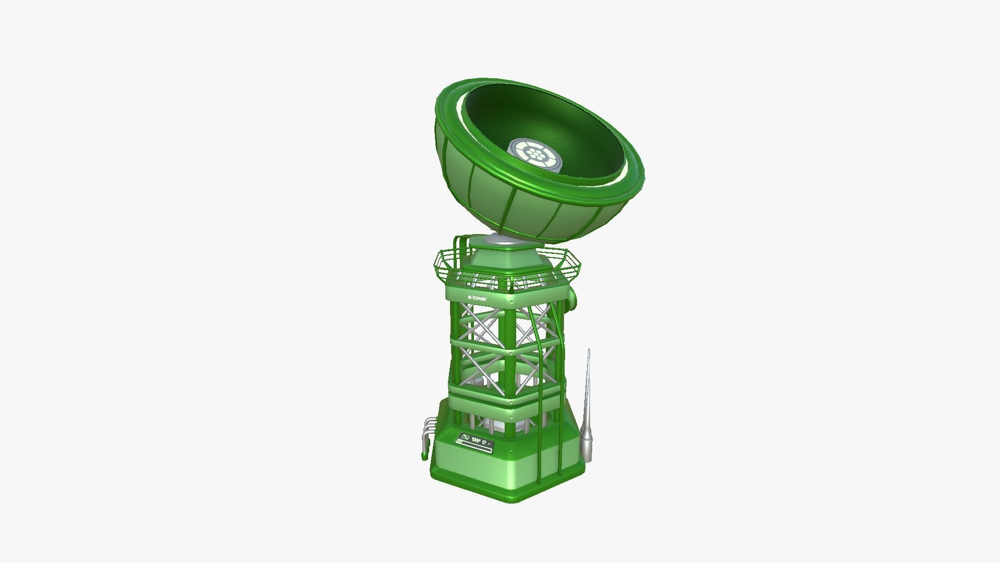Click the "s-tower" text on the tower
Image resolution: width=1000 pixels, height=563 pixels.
click(x=477, y=298)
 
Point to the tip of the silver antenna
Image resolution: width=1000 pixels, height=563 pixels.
click(x=589, y=350)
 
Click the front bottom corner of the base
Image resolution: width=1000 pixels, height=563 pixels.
click(x=513, y=498)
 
